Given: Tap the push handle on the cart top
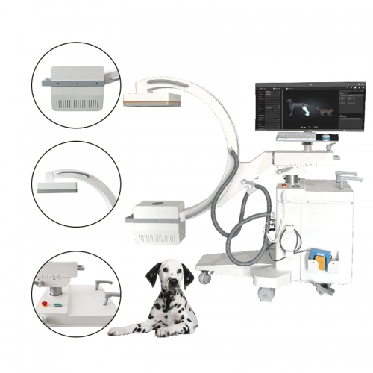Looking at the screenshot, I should click(x=345, y=176).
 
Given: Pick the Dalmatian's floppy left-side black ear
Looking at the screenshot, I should click(x=152, y=275).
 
